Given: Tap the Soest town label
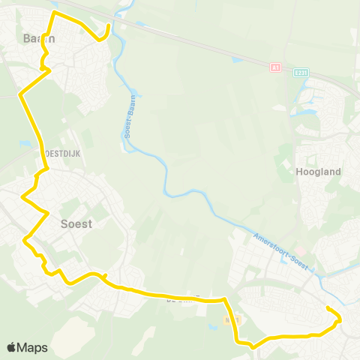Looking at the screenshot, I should pos(76,223).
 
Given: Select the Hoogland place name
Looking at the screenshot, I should pos(319,171).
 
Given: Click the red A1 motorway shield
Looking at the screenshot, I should pos(275,67).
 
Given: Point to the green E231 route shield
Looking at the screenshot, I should pos(301,73).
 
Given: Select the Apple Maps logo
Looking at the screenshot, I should pos(27,347).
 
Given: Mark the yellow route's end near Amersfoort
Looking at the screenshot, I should pos(328,308).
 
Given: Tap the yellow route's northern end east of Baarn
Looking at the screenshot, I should pos(109,26).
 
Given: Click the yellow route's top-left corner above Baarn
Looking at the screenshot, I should pos(53,13).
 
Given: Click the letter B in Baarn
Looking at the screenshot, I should pos(26,37).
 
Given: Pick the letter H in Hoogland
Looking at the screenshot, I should pos(301,171).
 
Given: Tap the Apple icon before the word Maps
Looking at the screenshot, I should pos(12,347).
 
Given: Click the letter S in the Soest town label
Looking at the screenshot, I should pos(63,223).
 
